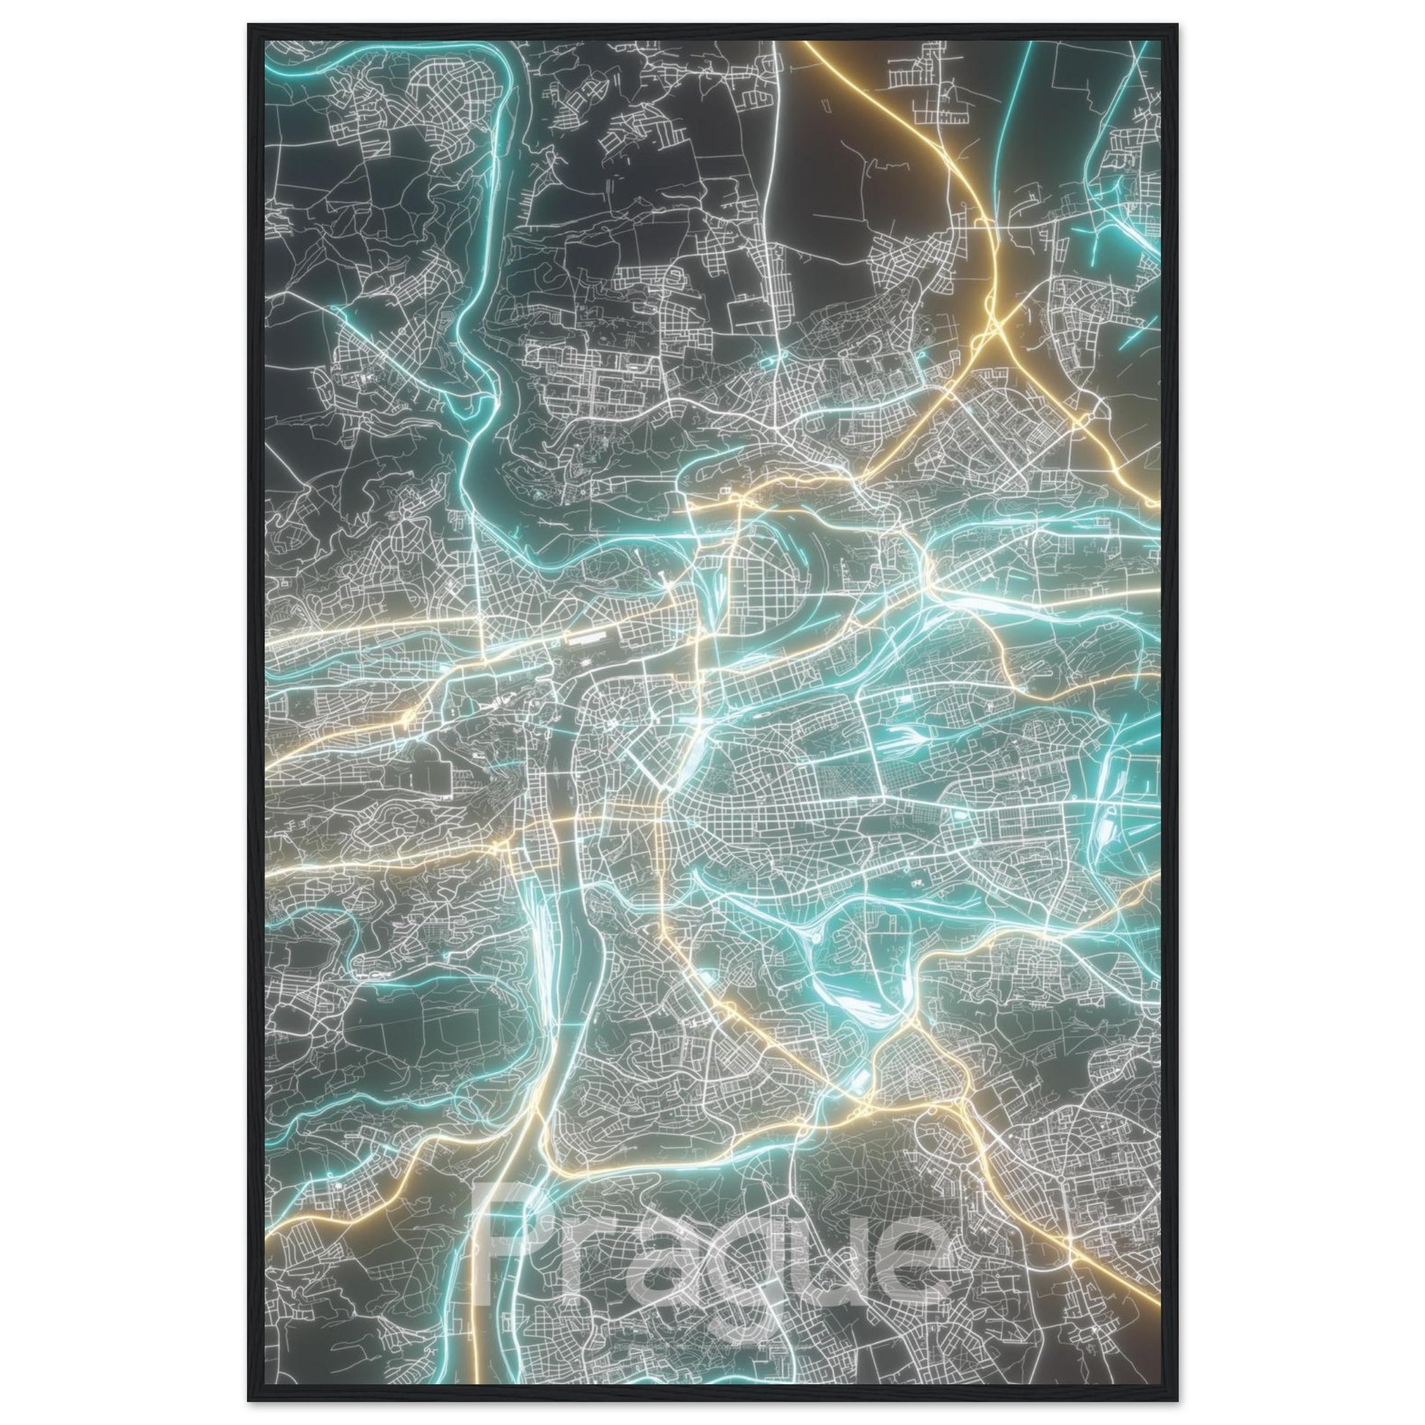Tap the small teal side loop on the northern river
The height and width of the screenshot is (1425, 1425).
pos(775,362)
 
